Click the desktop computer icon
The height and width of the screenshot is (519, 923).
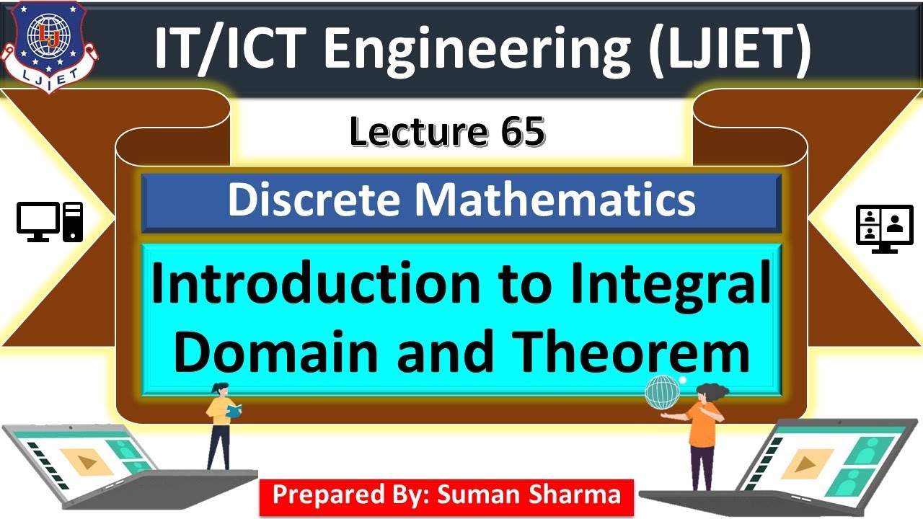tap(50, 222)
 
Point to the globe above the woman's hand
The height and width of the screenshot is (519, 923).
tap(662, 392)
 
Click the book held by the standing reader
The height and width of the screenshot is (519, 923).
tap(234, 411)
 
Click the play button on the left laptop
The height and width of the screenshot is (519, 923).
tap(87, 461)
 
